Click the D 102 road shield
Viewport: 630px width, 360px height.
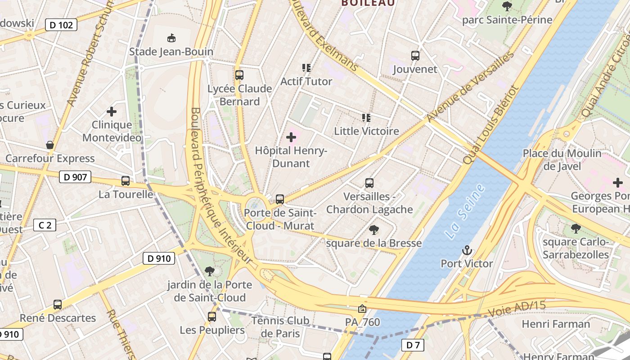click(x=61, y=25)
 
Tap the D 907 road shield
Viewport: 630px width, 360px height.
click(x=75, y=177)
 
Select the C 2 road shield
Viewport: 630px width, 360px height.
click(x=45, y=225)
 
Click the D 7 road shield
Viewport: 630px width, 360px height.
click(x=413, y=345)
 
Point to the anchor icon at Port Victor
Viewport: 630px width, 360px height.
click(x=467, y=250)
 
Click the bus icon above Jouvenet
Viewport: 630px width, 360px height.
click(x=415, y=56)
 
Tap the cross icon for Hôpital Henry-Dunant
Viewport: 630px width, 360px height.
click(x=291, y=137)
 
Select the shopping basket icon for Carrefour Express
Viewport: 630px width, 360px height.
click(x=50, y=145)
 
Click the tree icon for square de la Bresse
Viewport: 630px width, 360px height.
click(x=373, y=230)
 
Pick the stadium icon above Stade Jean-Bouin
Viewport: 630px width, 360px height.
click(x=171, y=38)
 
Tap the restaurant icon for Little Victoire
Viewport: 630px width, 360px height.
click(x=366, y=118)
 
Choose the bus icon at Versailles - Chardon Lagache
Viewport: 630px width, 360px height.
click(x=369, y=183)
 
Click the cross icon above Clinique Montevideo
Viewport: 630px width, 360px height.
click(x=112, y=111)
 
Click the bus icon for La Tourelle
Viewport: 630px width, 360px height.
click(x=126, y=181)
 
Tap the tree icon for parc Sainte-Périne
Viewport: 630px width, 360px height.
click(x=507, y=6)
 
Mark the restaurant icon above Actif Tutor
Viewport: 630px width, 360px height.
click(x=306, y=68)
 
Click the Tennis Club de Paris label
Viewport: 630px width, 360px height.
click(x=280, y=327)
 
